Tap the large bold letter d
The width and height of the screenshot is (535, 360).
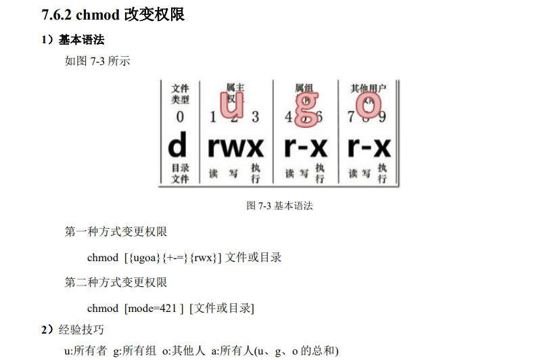177,145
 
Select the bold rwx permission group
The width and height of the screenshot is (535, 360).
235,146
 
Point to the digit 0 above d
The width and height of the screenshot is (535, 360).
180,117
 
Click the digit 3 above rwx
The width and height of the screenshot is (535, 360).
255,117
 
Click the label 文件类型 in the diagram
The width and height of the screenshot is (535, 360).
180,93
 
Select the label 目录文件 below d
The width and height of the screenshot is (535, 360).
180,173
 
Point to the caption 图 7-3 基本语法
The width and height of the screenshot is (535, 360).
279,206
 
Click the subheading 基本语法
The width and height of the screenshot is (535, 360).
82,41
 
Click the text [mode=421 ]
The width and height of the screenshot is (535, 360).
154,309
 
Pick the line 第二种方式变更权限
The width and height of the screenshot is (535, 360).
116,283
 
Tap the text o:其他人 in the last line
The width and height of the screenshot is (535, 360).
183,351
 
